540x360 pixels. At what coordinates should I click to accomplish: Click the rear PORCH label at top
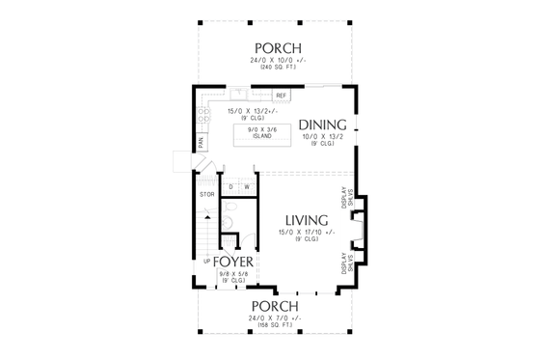pos(279,48)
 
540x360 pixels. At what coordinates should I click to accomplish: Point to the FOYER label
pos(232,262)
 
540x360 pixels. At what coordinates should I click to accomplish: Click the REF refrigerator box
pos(282,97)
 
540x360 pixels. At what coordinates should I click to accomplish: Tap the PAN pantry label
pos(201,142)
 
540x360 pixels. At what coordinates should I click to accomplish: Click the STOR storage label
pos(205,195)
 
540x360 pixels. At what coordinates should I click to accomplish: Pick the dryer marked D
pos(231,186)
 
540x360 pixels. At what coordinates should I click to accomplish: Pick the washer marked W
pos(247,186)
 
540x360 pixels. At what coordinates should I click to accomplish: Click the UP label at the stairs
pos(206,262)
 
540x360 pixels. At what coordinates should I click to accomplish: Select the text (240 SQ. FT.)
pos(279,69)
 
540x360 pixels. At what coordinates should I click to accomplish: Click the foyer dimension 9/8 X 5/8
pos(232,274)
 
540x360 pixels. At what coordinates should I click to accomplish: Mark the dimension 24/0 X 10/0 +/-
pos(279,62)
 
